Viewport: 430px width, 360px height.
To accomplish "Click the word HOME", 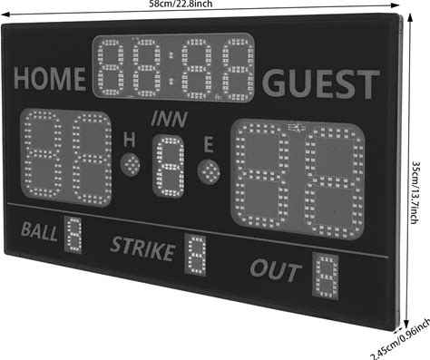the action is coord(50,79).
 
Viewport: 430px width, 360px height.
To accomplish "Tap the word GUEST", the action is coord(321,83).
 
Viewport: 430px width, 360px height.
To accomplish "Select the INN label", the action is coord(170,119).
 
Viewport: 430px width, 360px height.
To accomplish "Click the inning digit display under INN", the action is coord(169,166).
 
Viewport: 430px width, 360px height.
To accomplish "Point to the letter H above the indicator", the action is coord(130,141).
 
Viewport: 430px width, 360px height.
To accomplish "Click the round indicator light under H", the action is coord(131,164).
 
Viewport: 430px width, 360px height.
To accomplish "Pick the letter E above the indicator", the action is coord(209,144).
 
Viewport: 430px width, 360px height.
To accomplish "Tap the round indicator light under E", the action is coord(209,171).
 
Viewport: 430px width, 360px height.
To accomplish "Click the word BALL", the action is coord(39,231).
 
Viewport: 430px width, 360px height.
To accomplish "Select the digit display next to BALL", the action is coord(73,235).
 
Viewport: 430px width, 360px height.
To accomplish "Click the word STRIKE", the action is coord(142,248).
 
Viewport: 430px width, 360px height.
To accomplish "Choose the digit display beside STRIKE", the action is coord(196,255).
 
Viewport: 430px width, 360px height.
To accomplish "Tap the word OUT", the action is coord(276,269).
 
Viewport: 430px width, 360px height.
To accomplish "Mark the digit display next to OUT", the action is coord(326,276).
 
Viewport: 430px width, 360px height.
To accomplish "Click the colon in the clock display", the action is coord(171,68).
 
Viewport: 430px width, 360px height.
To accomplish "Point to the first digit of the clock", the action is coord(111,67).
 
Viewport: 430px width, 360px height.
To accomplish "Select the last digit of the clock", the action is coord(238,69).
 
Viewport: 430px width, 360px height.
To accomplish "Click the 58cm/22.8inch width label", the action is coord(181,4).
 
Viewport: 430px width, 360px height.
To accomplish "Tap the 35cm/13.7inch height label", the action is coord(416,192).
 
